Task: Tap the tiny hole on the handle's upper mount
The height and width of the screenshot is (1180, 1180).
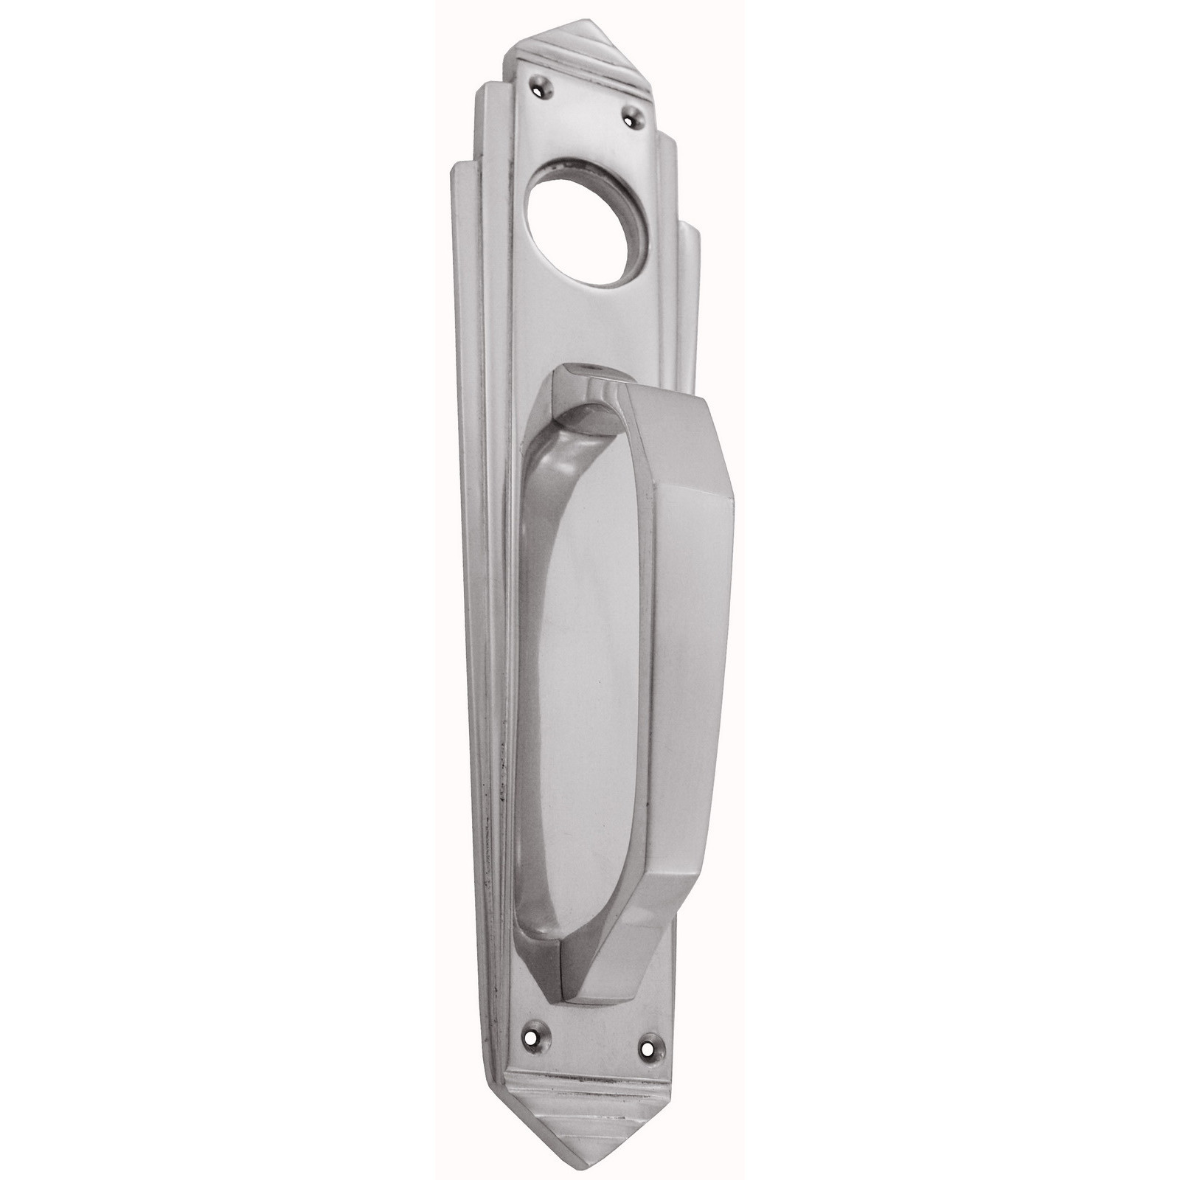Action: click(x=588, y=388)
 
